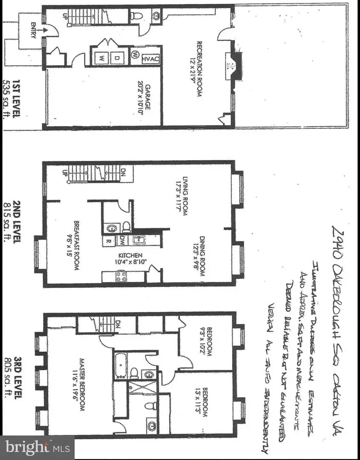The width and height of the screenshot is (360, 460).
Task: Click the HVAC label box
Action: pyautogui.click(x=150, y=58)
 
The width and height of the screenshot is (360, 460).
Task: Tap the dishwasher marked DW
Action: pyautogui.click(x=123, y=239)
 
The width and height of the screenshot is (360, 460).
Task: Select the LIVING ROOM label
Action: pyautogui.click(x=185, y=195)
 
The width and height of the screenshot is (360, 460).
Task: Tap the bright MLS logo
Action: pyautogui.click(x=37, y=448)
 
